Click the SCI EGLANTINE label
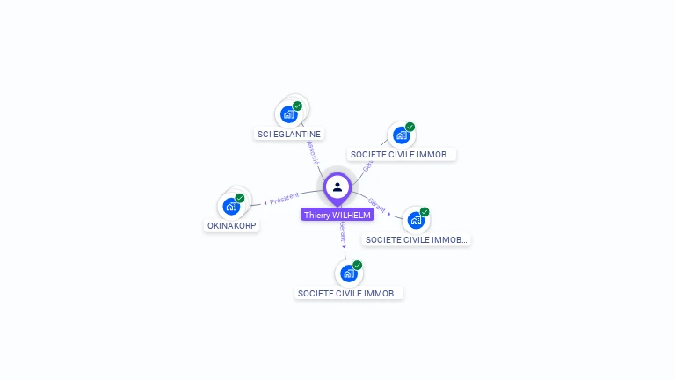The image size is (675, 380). (289, 135)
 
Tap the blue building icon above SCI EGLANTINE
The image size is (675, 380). (288, 114)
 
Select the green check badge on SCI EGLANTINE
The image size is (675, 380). (298, 106)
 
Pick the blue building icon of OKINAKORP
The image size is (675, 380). (231, 207)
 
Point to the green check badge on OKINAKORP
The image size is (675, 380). (240, 198)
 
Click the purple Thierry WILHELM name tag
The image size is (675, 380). (337, 215)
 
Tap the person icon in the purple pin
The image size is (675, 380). (337, 186)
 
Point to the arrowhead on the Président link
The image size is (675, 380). (265, 203)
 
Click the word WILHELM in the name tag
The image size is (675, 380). (352, 215)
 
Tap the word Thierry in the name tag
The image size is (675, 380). (317, 215)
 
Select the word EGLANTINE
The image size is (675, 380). (297, 135)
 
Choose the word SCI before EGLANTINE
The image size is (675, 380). (264, 135)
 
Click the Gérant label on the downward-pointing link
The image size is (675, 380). (342, 232)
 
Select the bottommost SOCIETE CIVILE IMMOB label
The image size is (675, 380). (349, 293)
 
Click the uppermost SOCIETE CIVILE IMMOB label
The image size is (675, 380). (402, 154)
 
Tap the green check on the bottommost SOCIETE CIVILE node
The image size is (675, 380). (358, 265)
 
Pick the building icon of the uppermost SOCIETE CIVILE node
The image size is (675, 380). (401, 135)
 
